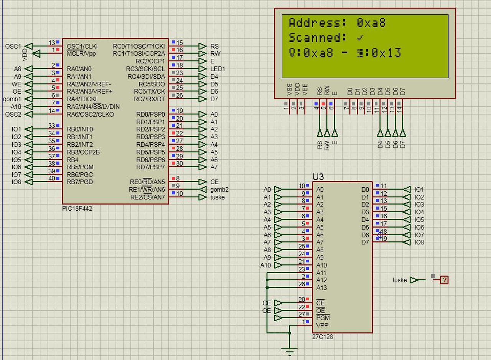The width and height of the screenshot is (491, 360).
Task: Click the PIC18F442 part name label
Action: point(77,209)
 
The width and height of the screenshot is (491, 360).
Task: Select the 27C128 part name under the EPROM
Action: point(322,337)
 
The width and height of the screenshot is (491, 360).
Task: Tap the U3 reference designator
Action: point(318,177)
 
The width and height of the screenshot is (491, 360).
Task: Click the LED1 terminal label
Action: point(217,69)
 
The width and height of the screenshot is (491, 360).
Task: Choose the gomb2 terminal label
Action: point(219,190)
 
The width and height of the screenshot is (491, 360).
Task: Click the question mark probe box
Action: point(444,280)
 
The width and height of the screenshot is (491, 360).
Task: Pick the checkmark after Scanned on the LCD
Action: point(360,38)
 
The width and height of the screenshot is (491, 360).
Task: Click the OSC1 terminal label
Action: point(13,46)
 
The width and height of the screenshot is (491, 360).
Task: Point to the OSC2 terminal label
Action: point(13,114)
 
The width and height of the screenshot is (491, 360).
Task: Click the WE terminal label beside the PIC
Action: point(16,84)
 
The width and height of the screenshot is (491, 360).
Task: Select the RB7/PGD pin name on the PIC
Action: point(80,182)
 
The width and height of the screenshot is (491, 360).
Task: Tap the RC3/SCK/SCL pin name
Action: point(145,69)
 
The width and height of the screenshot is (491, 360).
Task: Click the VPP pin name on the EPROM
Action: point(322,325)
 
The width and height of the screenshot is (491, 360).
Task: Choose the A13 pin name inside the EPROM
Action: point(321,288)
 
